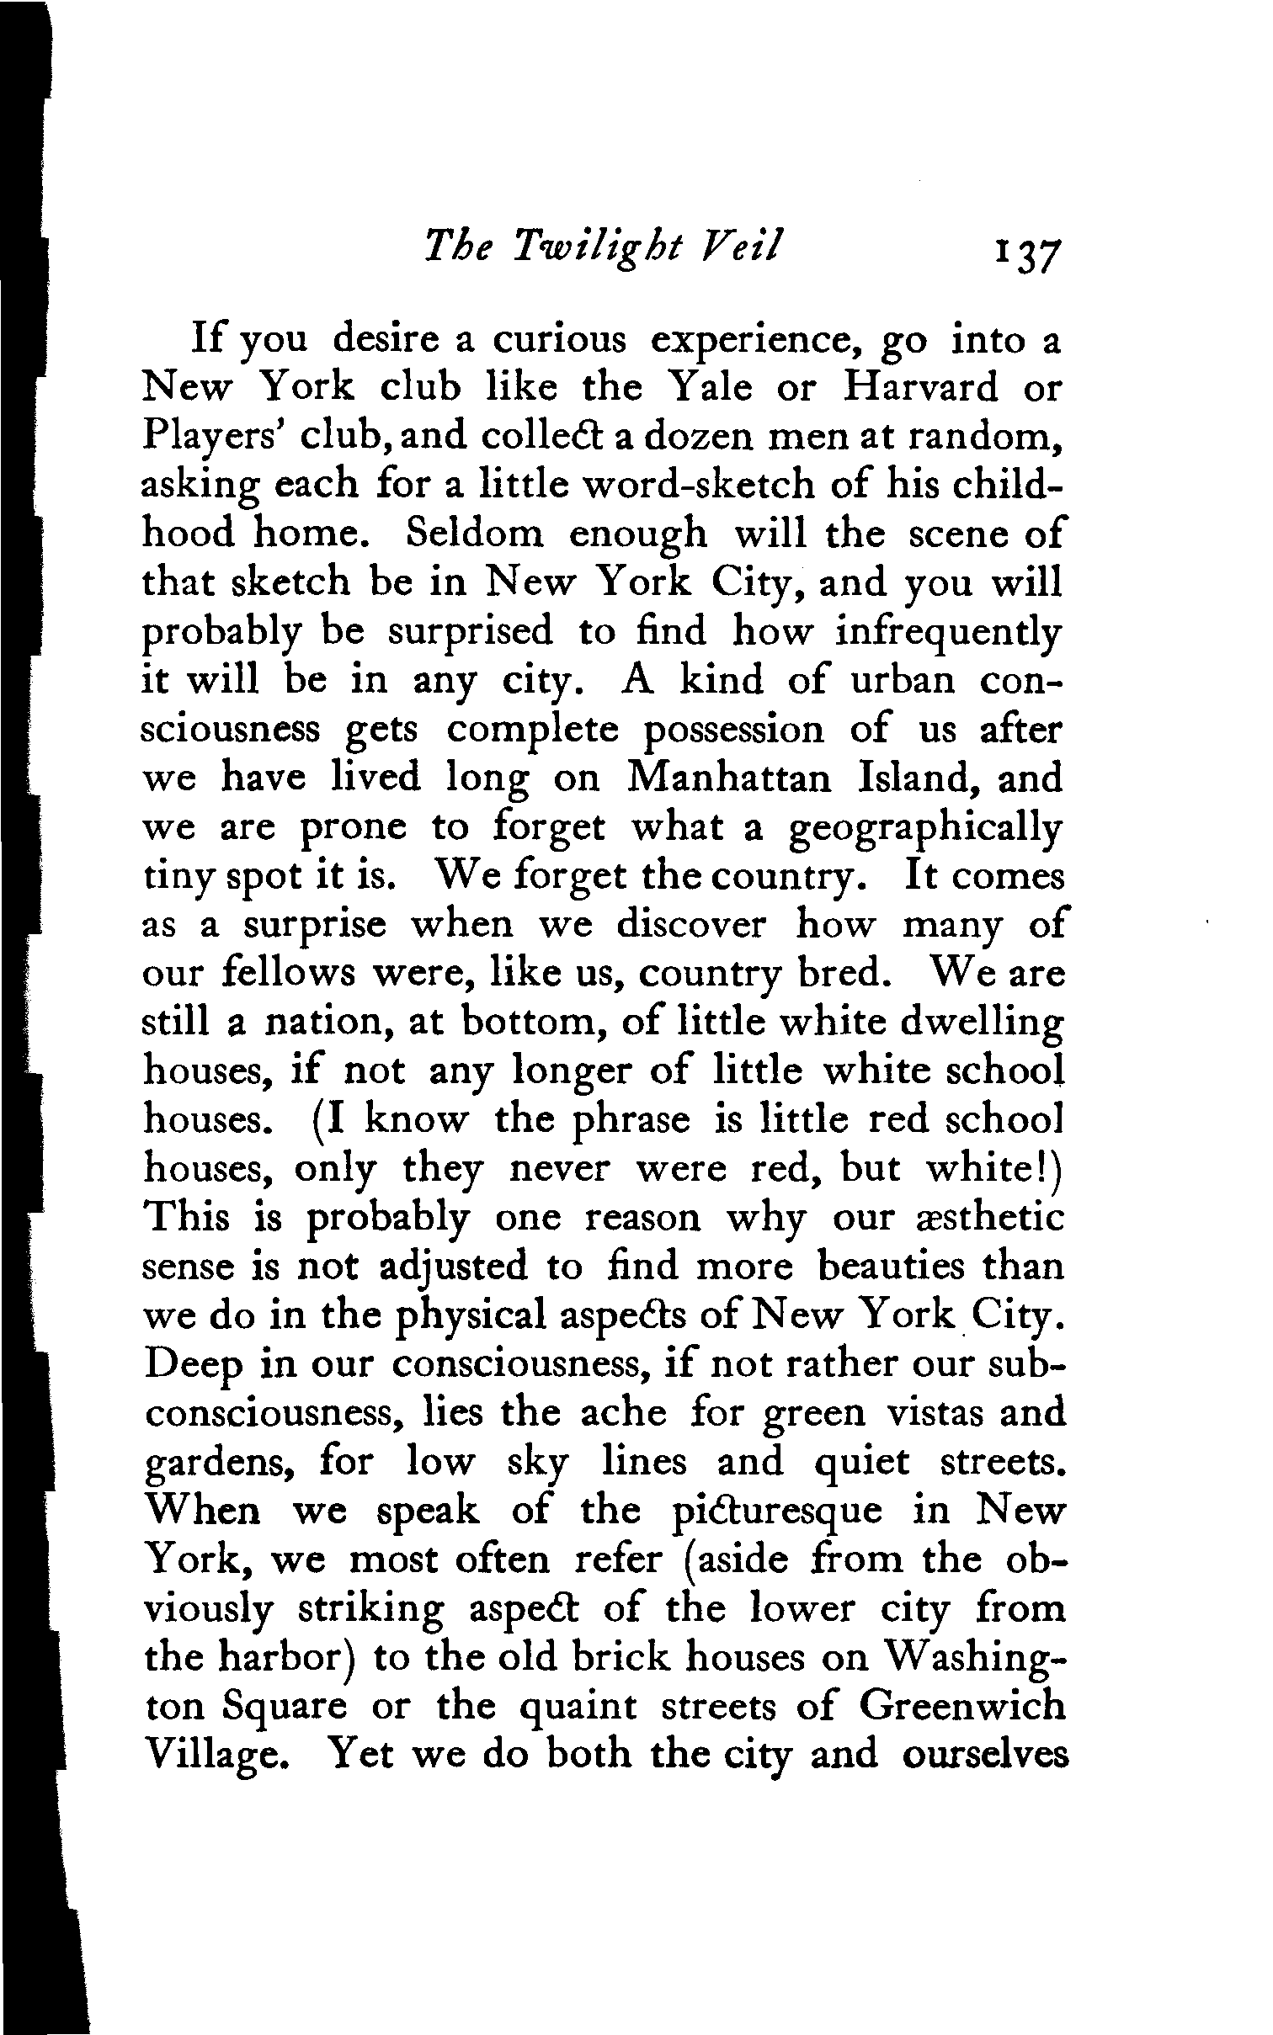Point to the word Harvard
(920, 387)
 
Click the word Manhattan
(729, 778)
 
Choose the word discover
(691, 924)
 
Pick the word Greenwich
(962, 1707)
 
